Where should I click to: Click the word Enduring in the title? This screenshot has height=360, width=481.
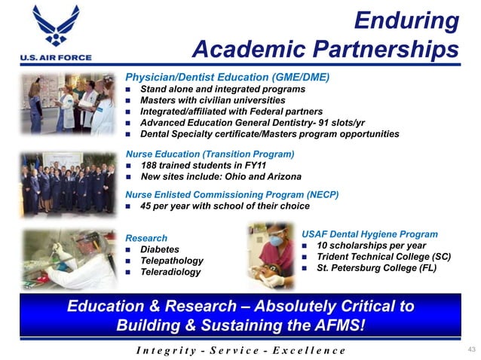coord(407,20)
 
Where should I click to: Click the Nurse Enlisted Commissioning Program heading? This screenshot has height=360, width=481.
coord(232,194)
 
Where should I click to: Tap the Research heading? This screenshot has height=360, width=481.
coord(146,238)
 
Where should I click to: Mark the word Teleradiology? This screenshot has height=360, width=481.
coord(171,271)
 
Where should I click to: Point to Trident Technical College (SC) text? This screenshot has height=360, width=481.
coord(384,256)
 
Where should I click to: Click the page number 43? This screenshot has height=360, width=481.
coord(473,349)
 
